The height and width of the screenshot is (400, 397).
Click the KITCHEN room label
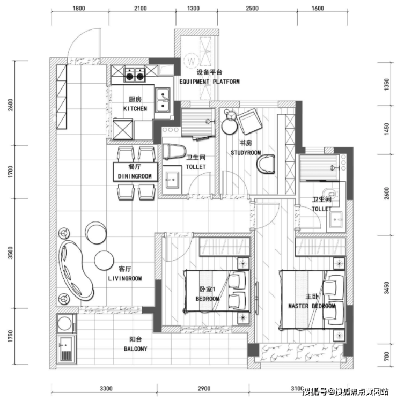135,109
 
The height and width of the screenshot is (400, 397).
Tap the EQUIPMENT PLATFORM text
209,82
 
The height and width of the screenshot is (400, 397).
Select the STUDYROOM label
246,153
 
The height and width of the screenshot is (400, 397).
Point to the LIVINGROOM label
125,278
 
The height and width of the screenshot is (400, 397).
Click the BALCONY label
136,349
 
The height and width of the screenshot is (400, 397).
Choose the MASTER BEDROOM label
312,306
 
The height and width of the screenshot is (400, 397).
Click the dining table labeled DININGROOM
135,172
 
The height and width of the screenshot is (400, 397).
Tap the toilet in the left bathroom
174,152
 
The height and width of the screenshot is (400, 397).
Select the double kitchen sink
163,100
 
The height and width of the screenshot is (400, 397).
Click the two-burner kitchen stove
135,74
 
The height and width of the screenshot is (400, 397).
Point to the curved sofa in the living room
76,270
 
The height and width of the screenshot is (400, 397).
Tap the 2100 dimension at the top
141,9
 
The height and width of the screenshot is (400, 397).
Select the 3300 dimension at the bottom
106,389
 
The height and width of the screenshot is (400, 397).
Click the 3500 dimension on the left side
10,253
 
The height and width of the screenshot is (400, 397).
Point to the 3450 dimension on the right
387,288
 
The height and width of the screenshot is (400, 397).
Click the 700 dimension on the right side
386,356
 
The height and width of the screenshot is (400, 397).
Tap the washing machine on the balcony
65,323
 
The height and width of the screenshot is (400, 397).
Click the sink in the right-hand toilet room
336,219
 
